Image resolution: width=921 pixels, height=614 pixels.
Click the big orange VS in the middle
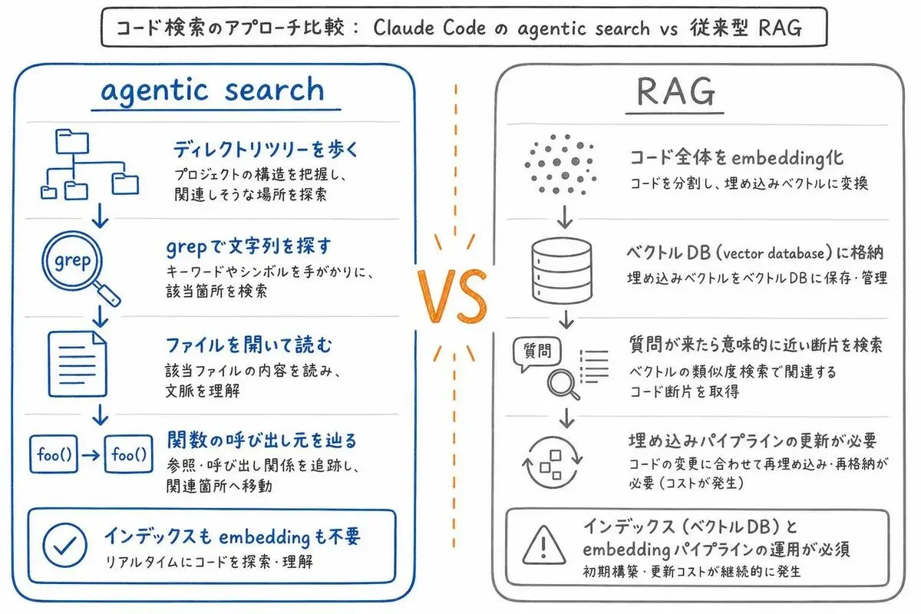point(452,296)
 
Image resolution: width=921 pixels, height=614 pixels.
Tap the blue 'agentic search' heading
point(213,90)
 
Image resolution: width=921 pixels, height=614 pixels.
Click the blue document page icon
point(78,364)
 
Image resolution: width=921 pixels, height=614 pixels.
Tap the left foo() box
point(54,454)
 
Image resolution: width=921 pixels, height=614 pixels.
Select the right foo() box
point(129,454)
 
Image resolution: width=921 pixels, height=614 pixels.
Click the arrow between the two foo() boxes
point(91,455)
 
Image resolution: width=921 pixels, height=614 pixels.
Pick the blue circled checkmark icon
point(65,546)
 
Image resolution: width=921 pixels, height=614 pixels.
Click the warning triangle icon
point(543,545)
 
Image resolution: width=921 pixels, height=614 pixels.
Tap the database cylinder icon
point(562,271)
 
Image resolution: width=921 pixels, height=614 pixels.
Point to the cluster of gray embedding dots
point(561,163)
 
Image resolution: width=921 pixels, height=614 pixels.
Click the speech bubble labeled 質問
point(537,352)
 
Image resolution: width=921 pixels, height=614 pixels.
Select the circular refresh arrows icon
point(552,462)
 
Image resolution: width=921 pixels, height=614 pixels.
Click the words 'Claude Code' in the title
point(429,28)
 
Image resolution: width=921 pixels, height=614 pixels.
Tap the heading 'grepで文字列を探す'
point(249,247)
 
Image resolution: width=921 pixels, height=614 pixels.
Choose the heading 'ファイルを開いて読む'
point(249,345)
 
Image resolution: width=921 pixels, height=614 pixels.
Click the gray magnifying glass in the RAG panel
point(563,384)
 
